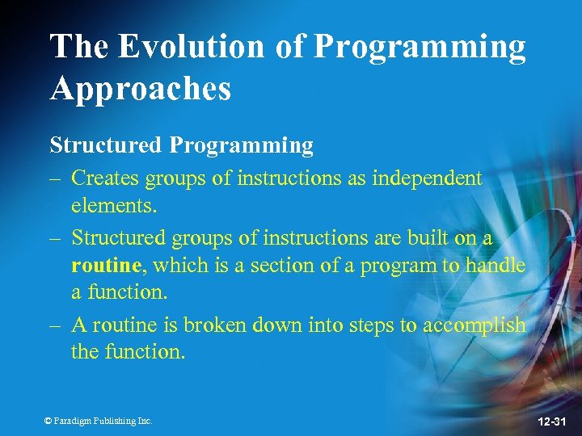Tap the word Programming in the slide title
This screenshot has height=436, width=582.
point(420,47)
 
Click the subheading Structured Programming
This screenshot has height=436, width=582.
point(182,145)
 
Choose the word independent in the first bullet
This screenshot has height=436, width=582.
point(427,178)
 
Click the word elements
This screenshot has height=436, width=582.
point(113,205)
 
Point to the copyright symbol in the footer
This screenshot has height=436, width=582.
point(48,421)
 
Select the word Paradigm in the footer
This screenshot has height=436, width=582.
point(73,421)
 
